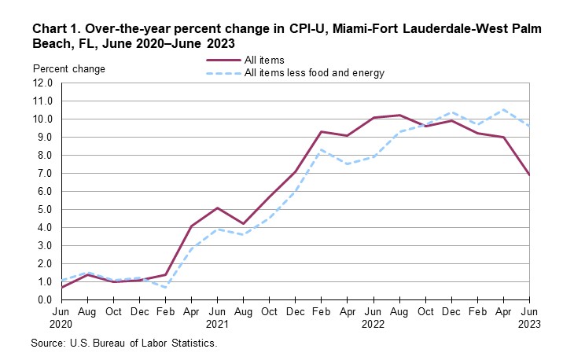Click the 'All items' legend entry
263,60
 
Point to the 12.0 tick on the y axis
42,83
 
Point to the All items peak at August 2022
400,115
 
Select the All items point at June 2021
218,208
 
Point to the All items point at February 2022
322,131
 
